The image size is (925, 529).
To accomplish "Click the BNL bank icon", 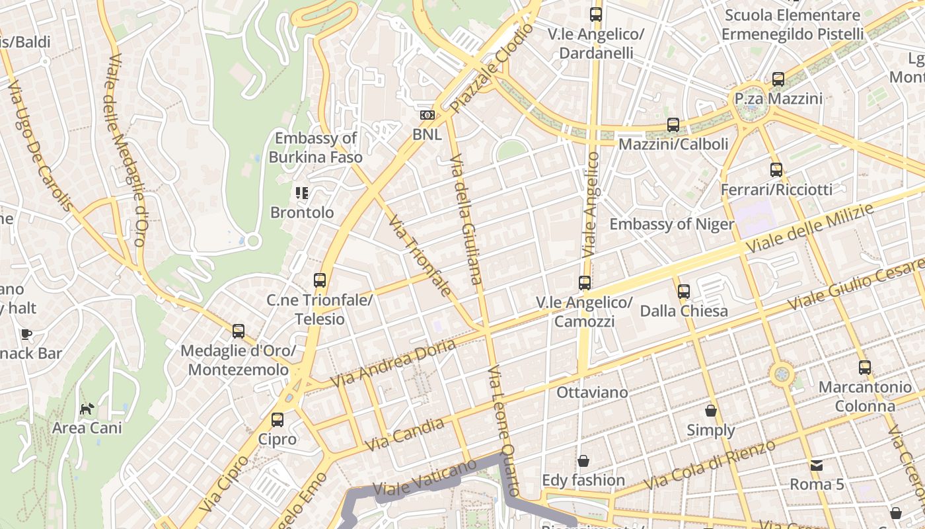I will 427,115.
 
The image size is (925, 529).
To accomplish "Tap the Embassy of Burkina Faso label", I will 315,147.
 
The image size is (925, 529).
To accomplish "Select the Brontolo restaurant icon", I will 302,193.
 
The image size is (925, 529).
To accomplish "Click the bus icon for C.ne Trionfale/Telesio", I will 320,280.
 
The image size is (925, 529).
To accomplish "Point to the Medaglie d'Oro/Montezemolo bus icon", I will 239,331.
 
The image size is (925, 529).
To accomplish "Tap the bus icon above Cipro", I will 277,420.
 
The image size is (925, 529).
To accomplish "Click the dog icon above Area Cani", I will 87,409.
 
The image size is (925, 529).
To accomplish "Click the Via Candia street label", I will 404,434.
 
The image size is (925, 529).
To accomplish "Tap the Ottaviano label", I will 592,392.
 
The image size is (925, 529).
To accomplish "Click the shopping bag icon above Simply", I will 711,411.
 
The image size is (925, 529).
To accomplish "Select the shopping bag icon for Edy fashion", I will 583,461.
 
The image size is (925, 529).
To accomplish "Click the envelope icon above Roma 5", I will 817,466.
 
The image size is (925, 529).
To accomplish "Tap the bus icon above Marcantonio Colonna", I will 865,368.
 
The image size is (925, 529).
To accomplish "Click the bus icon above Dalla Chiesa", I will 684,291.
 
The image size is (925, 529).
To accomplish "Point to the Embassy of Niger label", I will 671,224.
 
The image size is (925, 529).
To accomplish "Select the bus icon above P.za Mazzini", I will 778,79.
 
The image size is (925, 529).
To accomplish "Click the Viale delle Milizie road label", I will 810,228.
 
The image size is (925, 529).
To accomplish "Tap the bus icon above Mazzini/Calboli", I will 673,124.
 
